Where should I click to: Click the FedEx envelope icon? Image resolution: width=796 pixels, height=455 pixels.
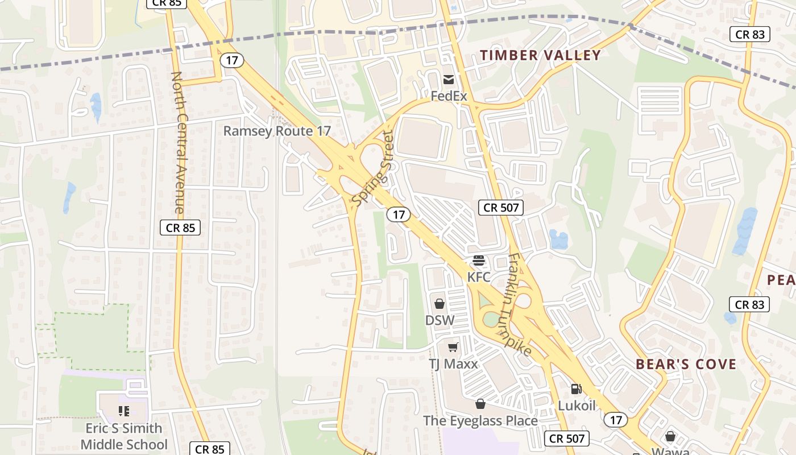tap(449, 79)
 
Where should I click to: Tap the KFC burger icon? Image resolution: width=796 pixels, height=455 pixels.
tap(479, 260)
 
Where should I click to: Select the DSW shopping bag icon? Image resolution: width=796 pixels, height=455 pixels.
tap(440, 304)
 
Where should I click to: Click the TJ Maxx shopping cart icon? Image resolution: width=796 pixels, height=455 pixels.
tap(453, 347)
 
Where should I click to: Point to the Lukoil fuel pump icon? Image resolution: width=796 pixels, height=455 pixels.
tap(576, 389)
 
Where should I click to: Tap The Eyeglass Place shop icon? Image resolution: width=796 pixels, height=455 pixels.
tap(480, 404)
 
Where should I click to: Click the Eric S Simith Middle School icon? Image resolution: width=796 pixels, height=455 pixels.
tap(124, 411)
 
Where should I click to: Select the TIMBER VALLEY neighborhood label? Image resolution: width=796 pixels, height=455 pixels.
tap(540, 55)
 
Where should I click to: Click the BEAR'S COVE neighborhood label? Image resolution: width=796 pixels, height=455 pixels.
tap(686, 364)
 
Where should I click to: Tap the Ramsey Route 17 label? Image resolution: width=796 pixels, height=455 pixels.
tap(276, 131)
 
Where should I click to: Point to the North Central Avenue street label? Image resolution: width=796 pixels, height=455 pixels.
tap(177, 142)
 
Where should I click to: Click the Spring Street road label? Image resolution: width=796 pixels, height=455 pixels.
tap(373, 169)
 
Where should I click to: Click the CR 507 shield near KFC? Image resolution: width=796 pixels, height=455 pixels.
tap(501, 208)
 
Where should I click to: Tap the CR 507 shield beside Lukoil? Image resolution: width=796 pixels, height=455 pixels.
tap(566, 439)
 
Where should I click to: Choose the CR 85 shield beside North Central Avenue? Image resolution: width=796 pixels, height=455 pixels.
tap(180, 228)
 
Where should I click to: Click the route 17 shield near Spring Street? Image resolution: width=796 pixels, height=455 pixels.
tap(399, 214)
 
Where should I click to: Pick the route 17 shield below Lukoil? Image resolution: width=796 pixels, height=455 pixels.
tap(616, 420)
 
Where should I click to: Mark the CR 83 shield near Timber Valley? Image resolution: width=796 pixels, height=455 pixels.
tap(750, 34)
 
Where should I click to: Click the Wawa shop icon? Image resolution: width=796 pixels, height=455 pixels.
tap(670, 436)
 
